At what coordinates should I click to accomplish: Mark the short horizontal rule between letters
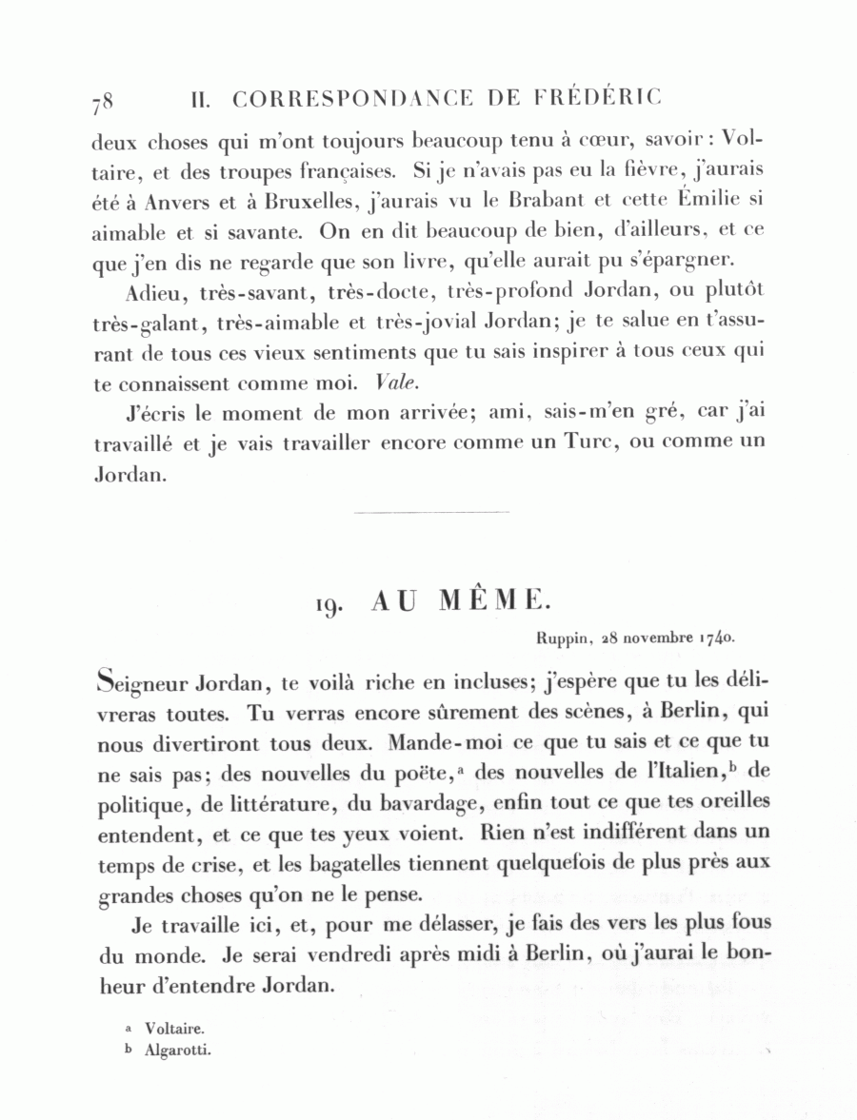click(430, 513)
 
